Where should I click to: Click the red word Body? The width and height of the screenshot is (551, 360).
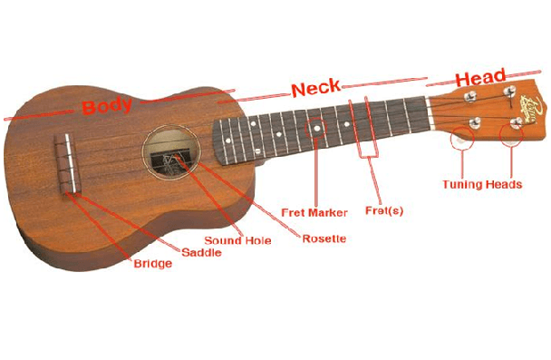coord(107,105)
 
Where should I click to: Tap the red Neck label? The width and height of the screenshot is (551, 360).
coord(315,89)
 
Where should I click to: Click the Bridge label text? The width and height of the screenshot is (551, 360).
coord(152,264)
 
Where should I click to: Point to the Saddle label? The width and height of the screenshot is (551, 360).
coord(202,252)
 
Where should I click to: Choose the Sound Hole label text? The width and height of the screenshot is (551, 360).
coord(236,240)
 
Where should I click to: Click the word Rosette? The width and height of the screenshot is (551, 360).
coord(324,239)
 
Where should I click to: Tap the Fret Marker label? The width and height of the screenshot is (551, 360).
coord(314,213)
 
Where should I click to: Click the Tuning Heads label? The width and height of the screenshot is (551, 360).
coord(482,185)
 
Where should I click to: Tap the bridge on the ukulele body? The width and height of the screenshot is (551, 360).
coord(65,164)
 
